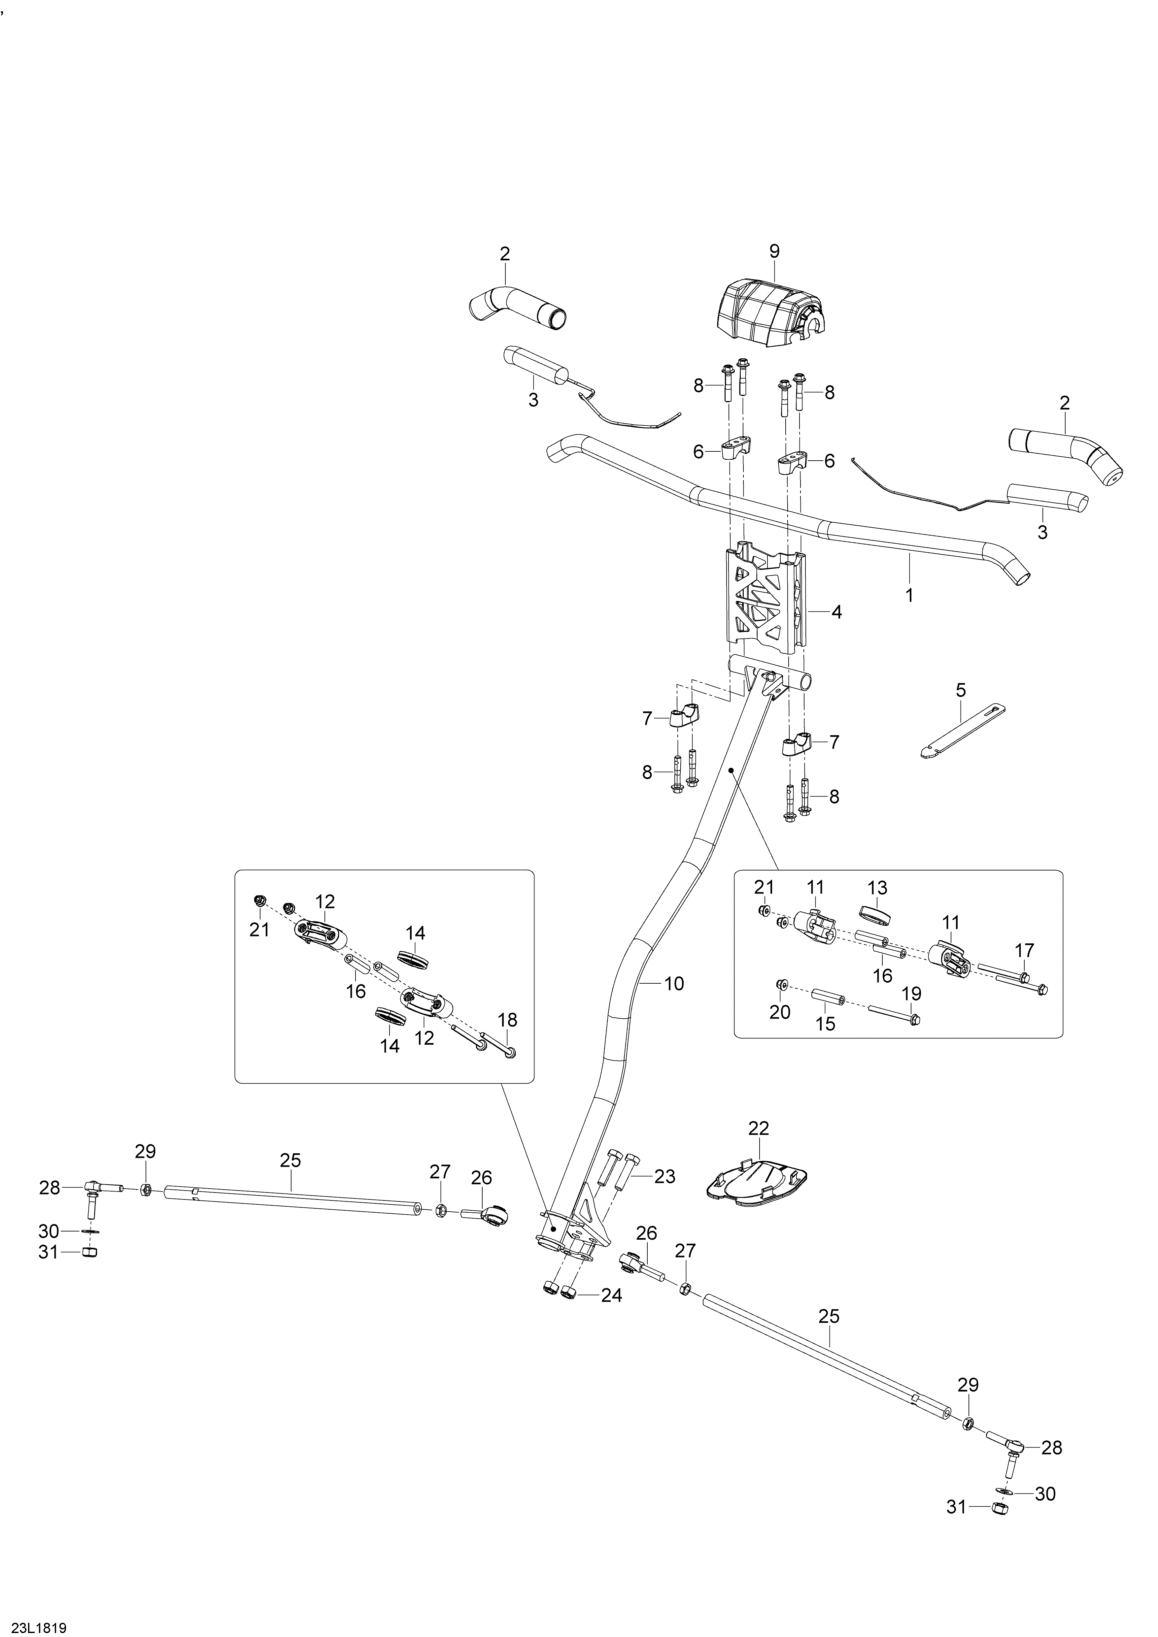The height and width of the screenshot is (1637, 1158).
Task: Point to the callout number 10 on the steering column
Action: tap(674, 984)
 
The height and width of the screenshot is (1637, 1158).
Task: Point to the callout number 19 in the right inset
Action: tap(911, 994)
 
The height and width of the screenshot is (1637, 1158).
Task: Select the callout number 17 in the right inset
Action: tap(1025, 950)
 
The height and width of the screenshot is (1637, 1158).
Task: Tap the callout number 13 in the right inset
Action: tap(877, 888)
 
